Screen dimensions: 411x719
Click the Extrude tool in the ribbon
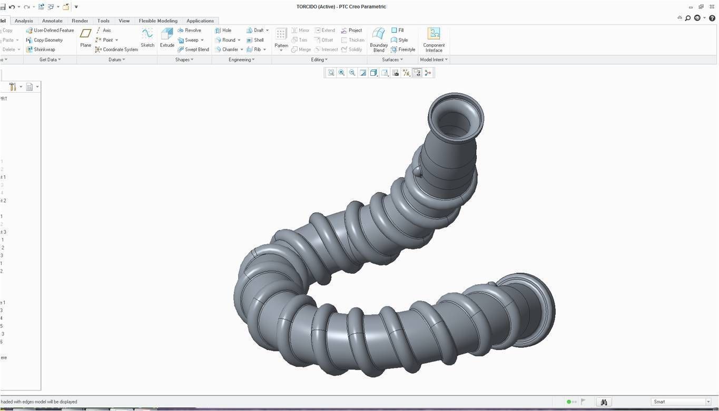pos(167,38)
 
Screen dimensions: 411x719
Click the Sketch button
pos(147,38)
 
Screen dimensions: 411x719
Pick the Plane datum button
pos(85,38)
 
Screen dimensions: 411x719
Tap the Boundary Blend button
pos(379,39)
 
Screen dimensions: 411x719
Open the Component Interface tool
pos(434,39)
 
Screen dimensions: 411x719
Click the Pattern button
pos(281,38)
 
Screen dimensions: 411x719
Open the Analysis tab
pos(24,21)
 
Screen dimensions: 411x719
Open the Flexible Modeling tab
pos(158,21)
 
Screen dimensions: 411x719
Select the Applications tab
pos(200,21)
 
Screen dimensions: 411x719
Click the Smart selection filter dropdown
pos(682,402)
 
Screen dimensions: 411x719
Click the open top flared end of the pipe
pos(455,117)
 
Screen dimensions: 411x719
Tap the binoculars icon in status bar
pos(604,402)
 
